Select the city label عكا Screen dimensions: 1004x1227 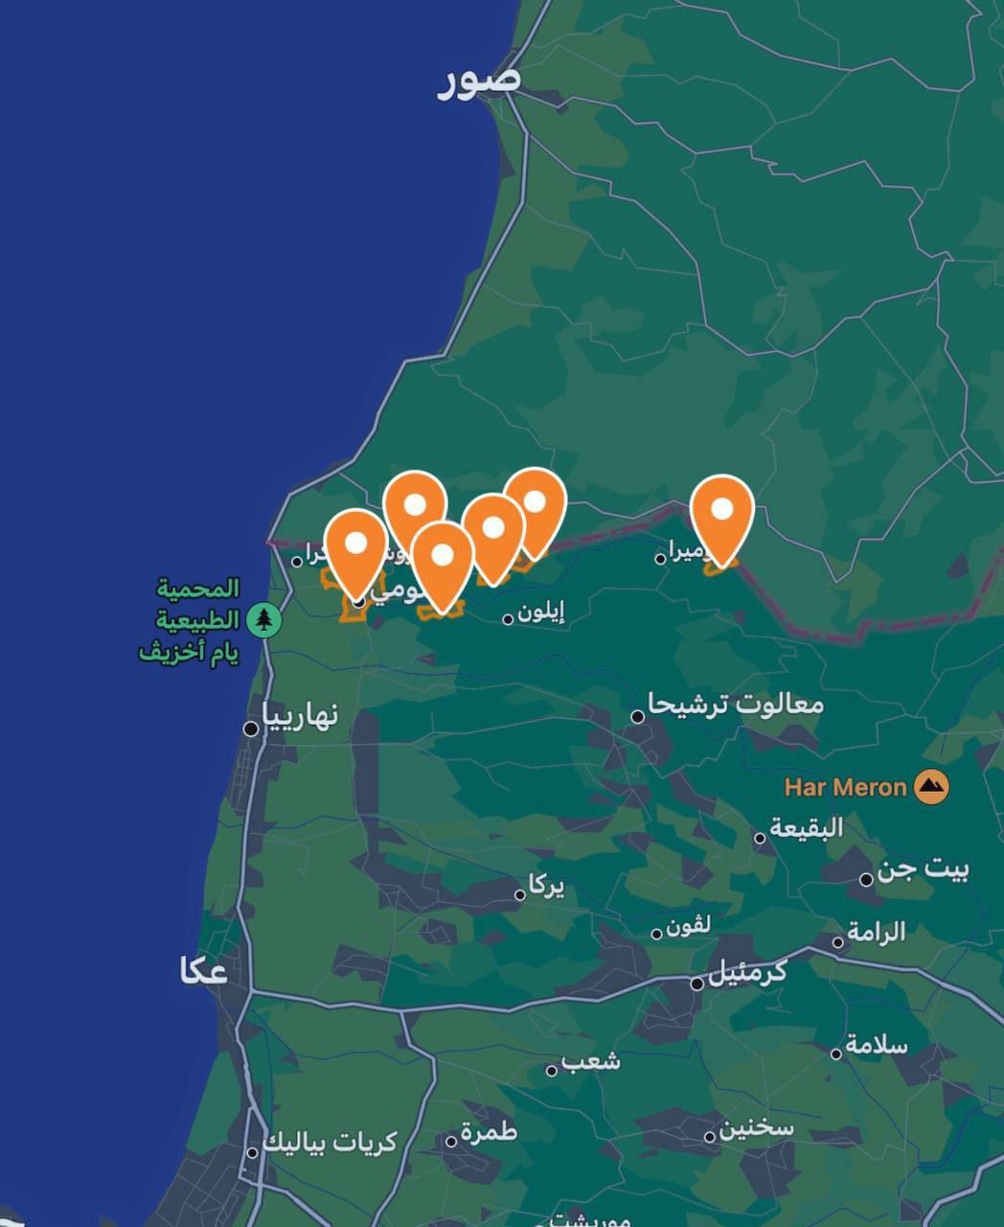[203, 970]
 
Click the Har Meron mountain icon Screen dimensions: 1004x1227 [930, 788]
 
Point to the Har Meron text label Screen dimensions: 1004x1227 [845, 788]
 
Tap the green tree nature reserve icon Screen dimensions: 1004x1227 [263, 619]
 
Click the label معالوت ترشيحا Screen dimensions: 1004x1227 [736, 705]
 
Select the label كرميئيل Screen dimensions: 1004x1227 [747, 973]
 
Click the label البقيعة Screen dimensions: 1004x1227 [807, 827]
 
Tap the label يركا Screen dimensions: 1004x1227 [546, 887]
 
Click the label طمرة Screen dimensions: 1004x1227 [489, 1132]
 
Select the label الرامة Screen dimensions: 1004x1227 [876, 932]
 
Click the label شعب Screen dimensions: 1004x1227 [590, 1061]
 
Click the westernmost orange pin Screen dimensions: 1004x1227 [355, 546]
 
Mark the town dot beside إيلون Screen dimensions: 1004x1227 [508, 619]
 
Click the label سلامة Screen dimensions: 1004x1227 [876, 1045]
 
